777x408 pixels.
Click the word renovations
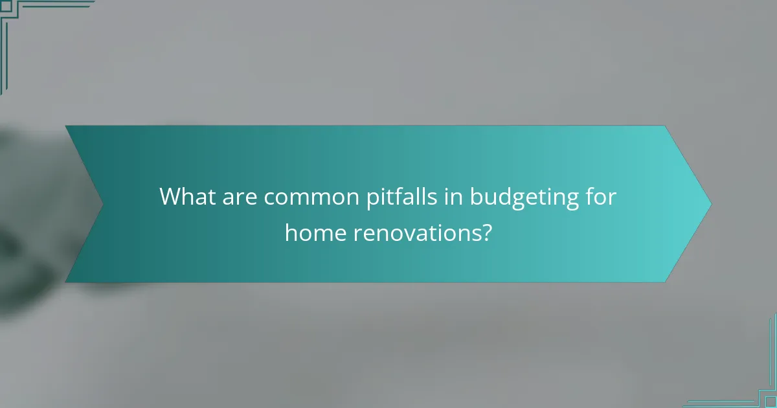click(414, 232)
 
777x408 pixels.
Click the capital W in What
click(172, 196)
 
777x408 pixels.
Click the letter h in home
click(291, 231)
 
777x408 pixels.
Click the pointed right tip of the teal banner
click(710, 204)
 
